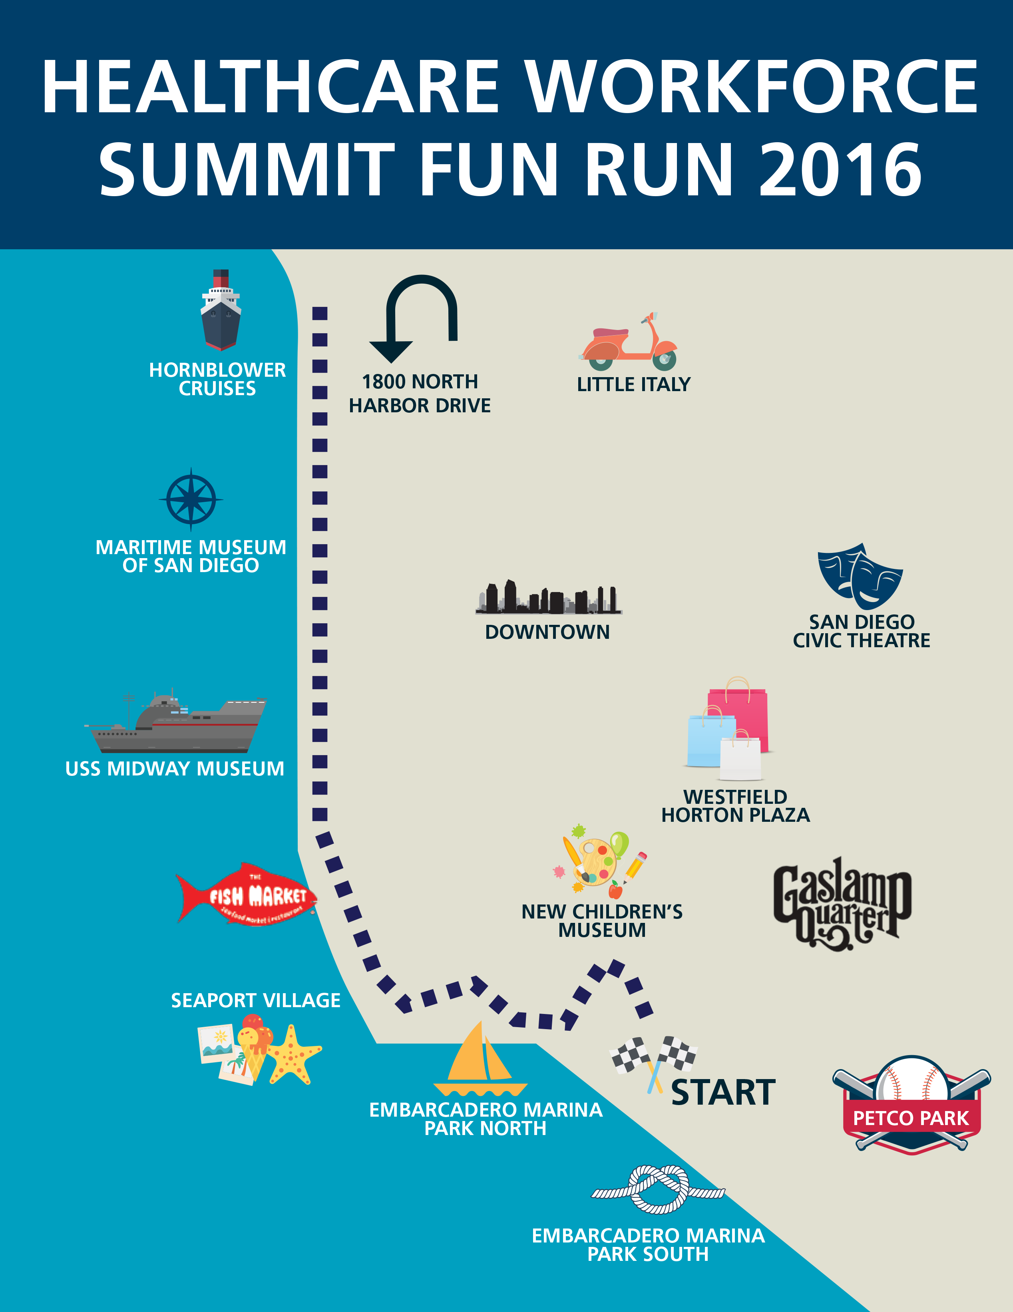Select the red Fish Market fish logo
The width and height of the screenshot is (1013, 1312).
tap(246, 895)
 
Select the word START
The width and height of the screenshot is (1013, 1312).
tap(723, 1092)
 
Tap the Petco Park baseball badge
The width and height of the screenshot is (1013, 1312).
tap(911, 1105)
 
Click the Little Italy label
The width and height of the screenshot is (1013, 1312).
tap(633, 384)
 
